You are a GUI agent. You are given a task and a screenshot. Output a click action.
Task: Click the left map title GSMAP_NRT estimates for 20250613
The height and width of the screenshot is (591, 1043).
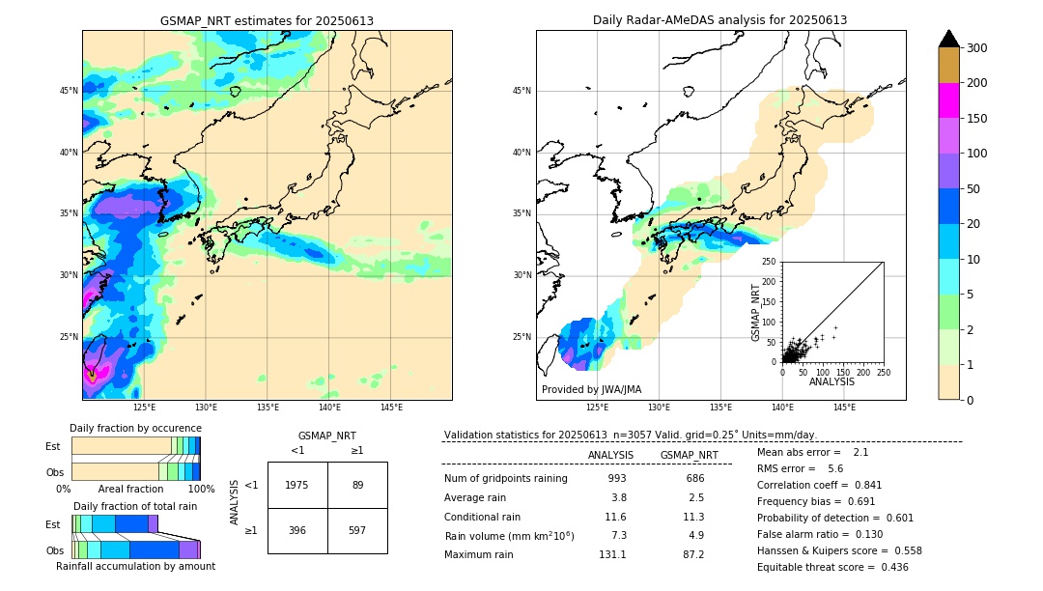pyautogui.click(x=267, y=20)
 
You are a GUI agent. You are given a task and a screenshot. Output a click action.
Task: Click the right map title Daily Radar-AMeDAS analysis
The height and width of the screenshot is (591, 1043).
pyautogui.click(x=719, y=20)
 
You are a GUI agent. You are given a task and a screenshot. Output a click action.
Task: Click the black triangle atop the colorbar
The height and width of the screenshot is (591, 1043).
pyautogui.click(x=949, y=39)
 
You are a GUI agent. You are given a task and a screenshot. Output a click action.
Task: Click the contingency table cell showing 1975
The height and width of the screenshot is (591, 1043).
pyautogui.click(x=297, y=485)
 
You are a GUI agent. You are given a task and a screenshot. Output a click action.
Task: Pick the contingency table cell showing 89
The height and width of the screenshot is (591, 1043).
pyautogui.click(x=357, y=485)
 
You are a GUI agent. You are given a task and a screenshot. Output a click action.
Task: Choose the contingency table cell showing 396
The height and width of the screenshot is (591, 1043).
pyautogui.click(x=297, y=530)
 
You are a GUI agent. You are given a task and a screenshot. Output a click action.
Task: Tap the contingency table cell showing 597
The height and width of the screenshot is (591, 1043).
pyautogui.click(x=357, y=530)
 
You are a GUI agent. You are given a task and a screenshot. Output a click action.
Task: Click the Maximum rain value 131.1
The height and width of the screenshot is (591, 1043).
pyautogui.click(x=612, y=554)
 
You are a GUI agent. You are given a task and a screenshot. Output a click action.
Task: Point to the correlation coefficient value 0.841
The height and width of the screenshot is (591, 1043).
pyautogui.click(x=863, y=485)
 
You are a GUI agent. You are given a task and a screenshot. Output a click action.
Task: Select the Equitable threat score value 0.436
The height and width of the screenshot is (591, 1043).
pyautogui.click(x=889, y=567)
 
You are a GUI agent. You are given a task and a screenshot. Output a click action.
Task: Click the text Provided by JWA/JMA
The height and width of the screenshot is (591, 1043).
pyautogui.click(x=591, y=390)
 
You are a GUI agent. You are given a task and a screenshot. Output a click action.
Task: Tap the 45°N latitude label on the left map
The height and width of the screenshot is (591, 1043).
pyautogui.click(x=69, y=91)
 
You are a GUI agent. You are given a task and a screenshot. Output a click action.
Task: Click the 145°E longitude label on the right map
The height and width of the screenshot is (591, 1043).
pyautogui.click(x=844, y=408)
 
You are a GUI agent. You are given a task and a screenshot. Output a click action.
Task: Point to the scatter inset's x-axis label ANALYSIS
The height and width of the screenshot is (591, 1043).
pyautogui.click(x=832, y=381)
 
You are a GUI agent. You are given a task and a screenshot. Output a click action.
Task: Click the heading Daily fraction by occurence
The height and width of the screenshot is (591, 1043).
pyautogui.click(x=135, y=428)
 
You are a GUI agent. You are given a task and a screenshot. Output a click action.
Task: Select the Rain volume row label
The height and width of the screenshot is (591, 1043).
pyautogui.click(x=509, y=536)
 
